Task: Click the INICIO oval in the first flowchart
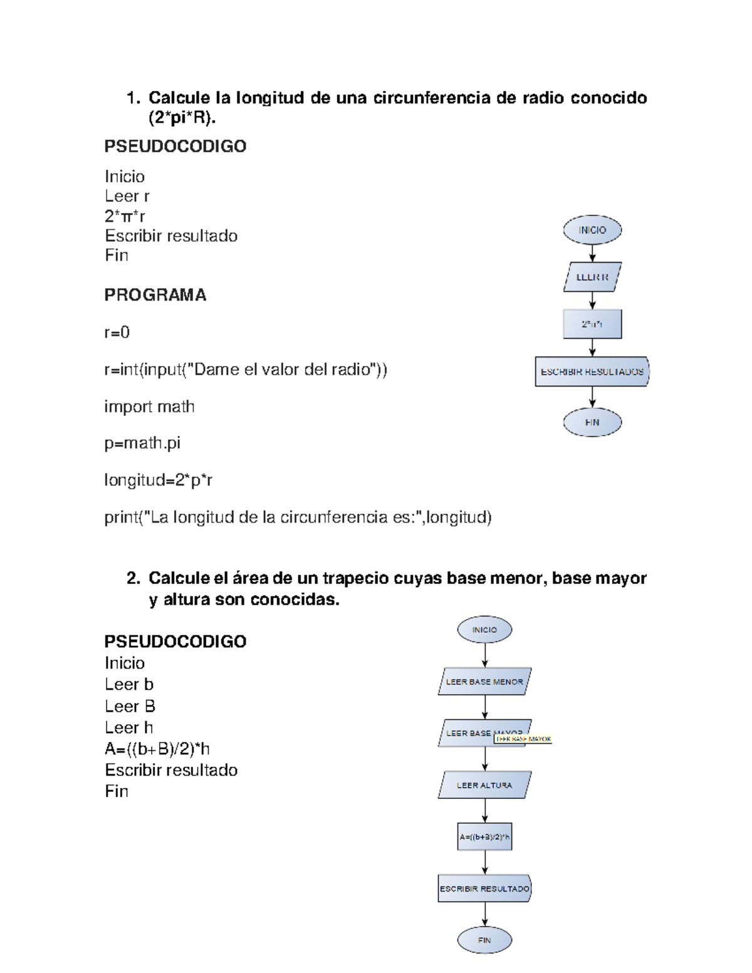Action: tap(592, 230)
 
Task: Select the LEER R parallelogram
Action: tap(592, 277)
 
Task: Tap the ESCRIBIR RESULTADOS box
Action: tap(592, 372)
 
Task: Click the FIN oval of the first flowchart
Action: tap(592, 422)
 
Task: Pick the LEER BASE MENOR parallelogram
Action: tap(484, 682)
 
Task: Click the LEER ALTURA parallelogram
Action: tap(484, 785)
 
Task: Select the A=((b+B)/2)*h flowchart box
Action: tap(484, 836)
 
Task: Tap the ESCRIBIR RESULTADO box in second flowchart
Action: tap(484, 888)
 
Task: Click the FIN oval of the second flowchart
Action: tap(484, 940)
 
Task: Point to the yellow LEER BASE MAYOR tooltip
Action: tap(523, 739)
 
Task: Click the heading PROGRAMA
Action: tap(155, 295)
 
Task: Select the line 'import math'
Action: tap(149, 407)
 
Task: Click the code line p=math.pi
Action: tap(142, 443)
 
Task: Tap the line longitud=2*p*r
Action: tap(159, 480)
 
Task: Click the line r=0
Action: tap(117, 332)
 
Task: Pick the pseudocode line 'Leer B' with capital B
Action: tap(130, 706)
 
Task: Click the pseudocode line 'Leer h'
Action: tap(128, 727)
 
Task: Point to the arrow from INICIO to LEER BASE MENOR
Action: tap(484, 655)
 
